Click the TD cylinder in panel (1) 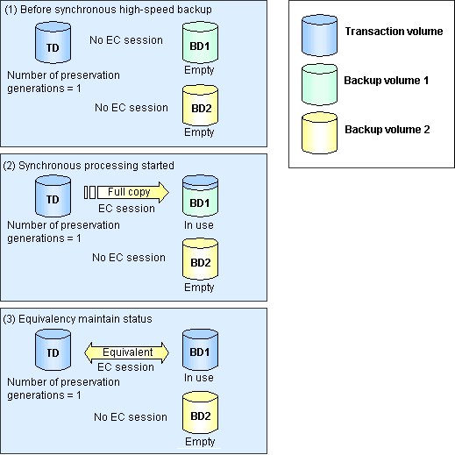pyautogui.click(x=53, y=43)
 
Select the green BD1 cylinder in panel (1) pyautogui.click(x=200, y=43)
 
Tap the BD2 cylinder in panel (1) pyautogui.click(x=200, y=105)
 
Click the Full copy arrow pyautogui.click(x=126, y=192)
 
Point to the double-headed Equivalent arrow pyautogui.click(x=126, y=352)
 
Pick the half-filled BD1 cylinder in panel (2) pyautogui.click(x=200, y=196)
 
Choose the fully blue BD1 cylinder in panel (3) pyautogui.click(x=200, y=350)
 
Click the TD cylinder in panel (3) pyautogui.click(x=53, y=350)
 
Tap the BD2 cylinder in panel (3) pyautogui.click(x=200, y=413)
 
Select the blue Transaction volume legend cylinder pyautogui.click(x=319, y=35)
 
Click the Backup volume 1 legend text pyautogui.click(x=387, y=81)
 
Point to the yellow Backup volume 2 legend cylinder pyautogui.click(x=319, y=133)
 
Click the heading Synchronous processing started pyautogui.click(x=96, y=166)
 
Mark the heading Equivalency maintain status pyautogui.click(x=85, y=319)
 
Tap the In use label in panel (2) pyautogui.click(x=199, y=225)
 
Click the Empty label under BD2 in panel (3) pyautogui.click(x=200, y=442)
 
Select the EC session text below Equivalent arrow pyautogui.click(x=125, y=367)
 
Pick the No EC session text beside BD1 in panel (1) pyautogui.click(x=126, y=40)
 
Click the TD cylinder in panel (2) pyautogui.click(x=53, y=196)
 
